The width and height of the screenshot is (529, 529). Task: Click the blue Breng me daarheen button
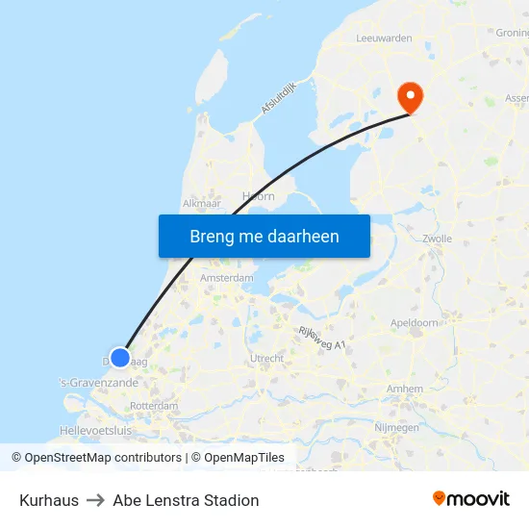(x=264, y=236)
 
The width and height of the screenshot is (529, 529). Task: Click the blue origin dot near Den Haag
(x=119, y=357)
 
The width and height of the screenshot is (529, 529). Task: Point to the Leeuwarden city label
(x=384, y=38)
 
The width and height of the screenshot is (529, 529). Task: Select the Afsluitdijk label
(x=279, y=96)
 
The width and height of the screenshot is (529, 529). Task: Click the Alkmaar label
(x=202, y=204)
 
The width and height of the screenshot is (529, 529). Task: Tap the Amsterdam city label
(x=226, y=278)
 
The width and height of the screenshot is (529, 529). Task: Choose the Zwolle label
(x=437, y=239)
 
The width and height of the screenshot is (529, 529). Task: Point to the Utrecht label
(x=266, y=359)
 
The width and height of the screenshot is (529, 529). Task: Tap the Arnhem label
(x=404, y=389)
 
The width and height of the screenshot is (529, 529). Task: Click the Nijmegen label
(x=395, y=427)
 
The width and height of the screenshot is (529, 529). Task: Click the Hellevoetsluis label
(x=95, y=431)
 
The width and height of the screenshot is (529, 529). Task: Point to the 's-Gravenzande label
(x=100, y=382)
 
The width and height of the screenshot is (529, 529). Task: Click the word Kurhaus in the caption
(x=49, y=500)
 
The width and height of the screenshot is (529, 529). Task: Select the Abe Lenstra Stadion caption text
(x=186, y=500)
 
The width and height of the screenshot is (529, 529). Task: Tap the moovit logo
(x=470, y=499)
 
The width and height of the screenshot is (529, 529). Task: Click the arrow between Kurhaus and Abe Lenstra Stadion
(x=96, y=500)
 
